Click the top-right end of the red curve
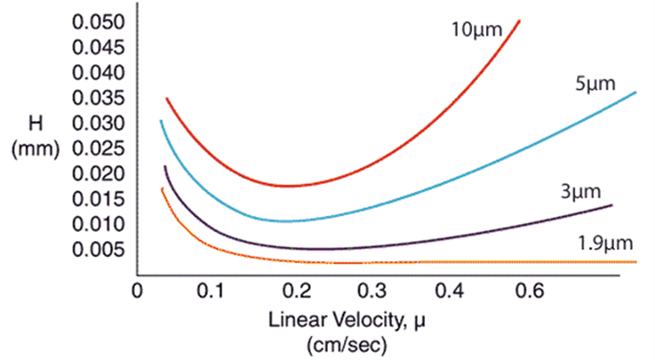(x=520, y=20)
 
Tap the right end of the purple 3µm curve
(x=612, y=205)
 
